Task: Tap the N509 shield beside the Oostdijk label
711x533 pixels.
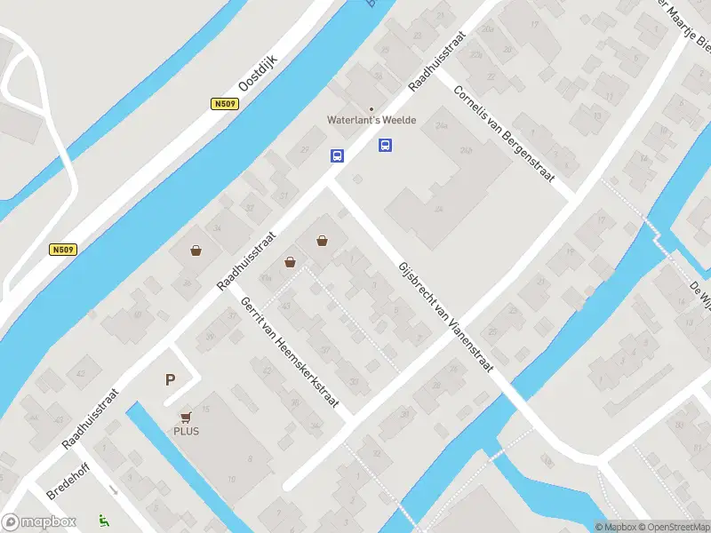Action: tap(225, 104)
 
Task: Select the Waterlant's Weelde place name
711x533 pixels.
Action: tap(371, 121)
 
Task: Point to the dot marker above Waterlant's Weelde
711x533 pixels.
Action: tap(371, 109)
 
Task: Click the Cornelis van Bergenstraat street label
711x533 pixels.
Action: tap(502, 132)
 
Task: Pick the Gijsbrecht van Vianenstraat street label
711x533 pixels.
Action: tap(444, 316)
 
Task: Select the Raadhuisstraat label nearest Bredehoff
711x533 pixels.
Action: tap(90, 418)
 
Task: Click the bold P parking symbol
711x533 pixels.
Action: tap(170, 379)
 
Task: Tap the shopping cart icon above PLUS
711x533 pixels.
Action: tap(186, 417)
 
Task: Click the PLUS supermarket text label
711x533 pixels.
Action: tap(186, 432)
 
